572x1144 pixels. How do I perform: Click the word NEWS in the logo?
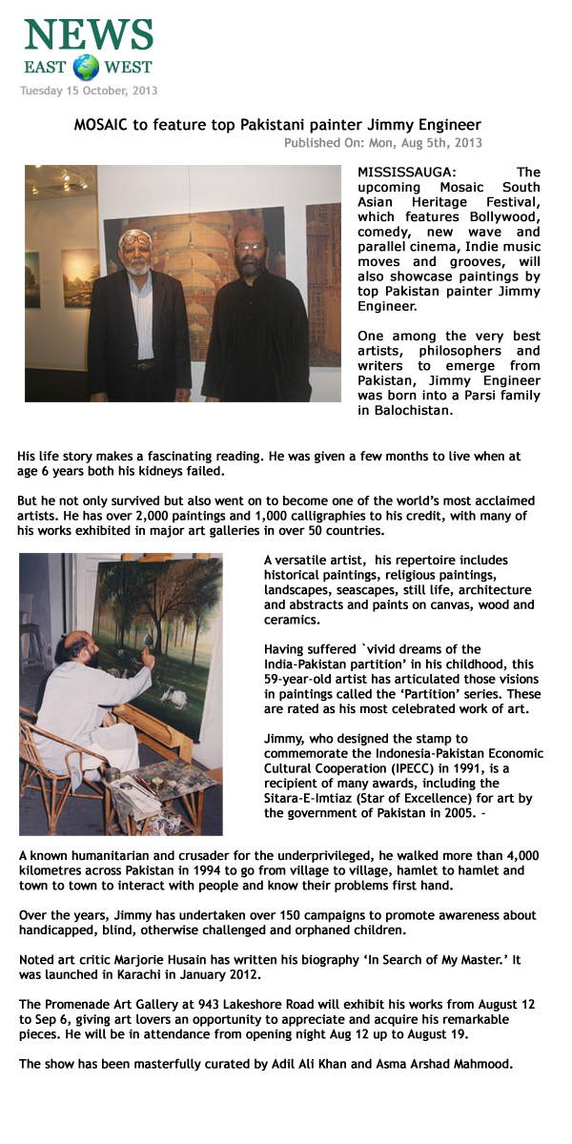pos(89,34)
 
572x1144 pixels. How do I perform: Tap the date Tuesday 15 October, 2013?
pos(89,92)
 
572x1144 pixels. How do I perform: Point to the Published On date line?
pos(382,143)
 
